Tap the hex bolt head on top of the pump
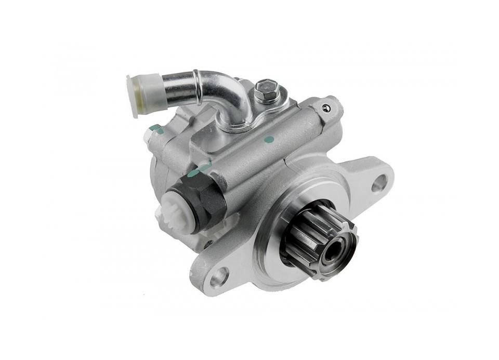point(266,90)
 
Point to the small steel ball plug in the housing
point(326,108)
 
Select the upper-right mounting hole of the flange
point(380,182)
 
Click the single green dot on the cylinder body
point(268,139)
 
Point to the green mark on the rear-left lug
point(154,128)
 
